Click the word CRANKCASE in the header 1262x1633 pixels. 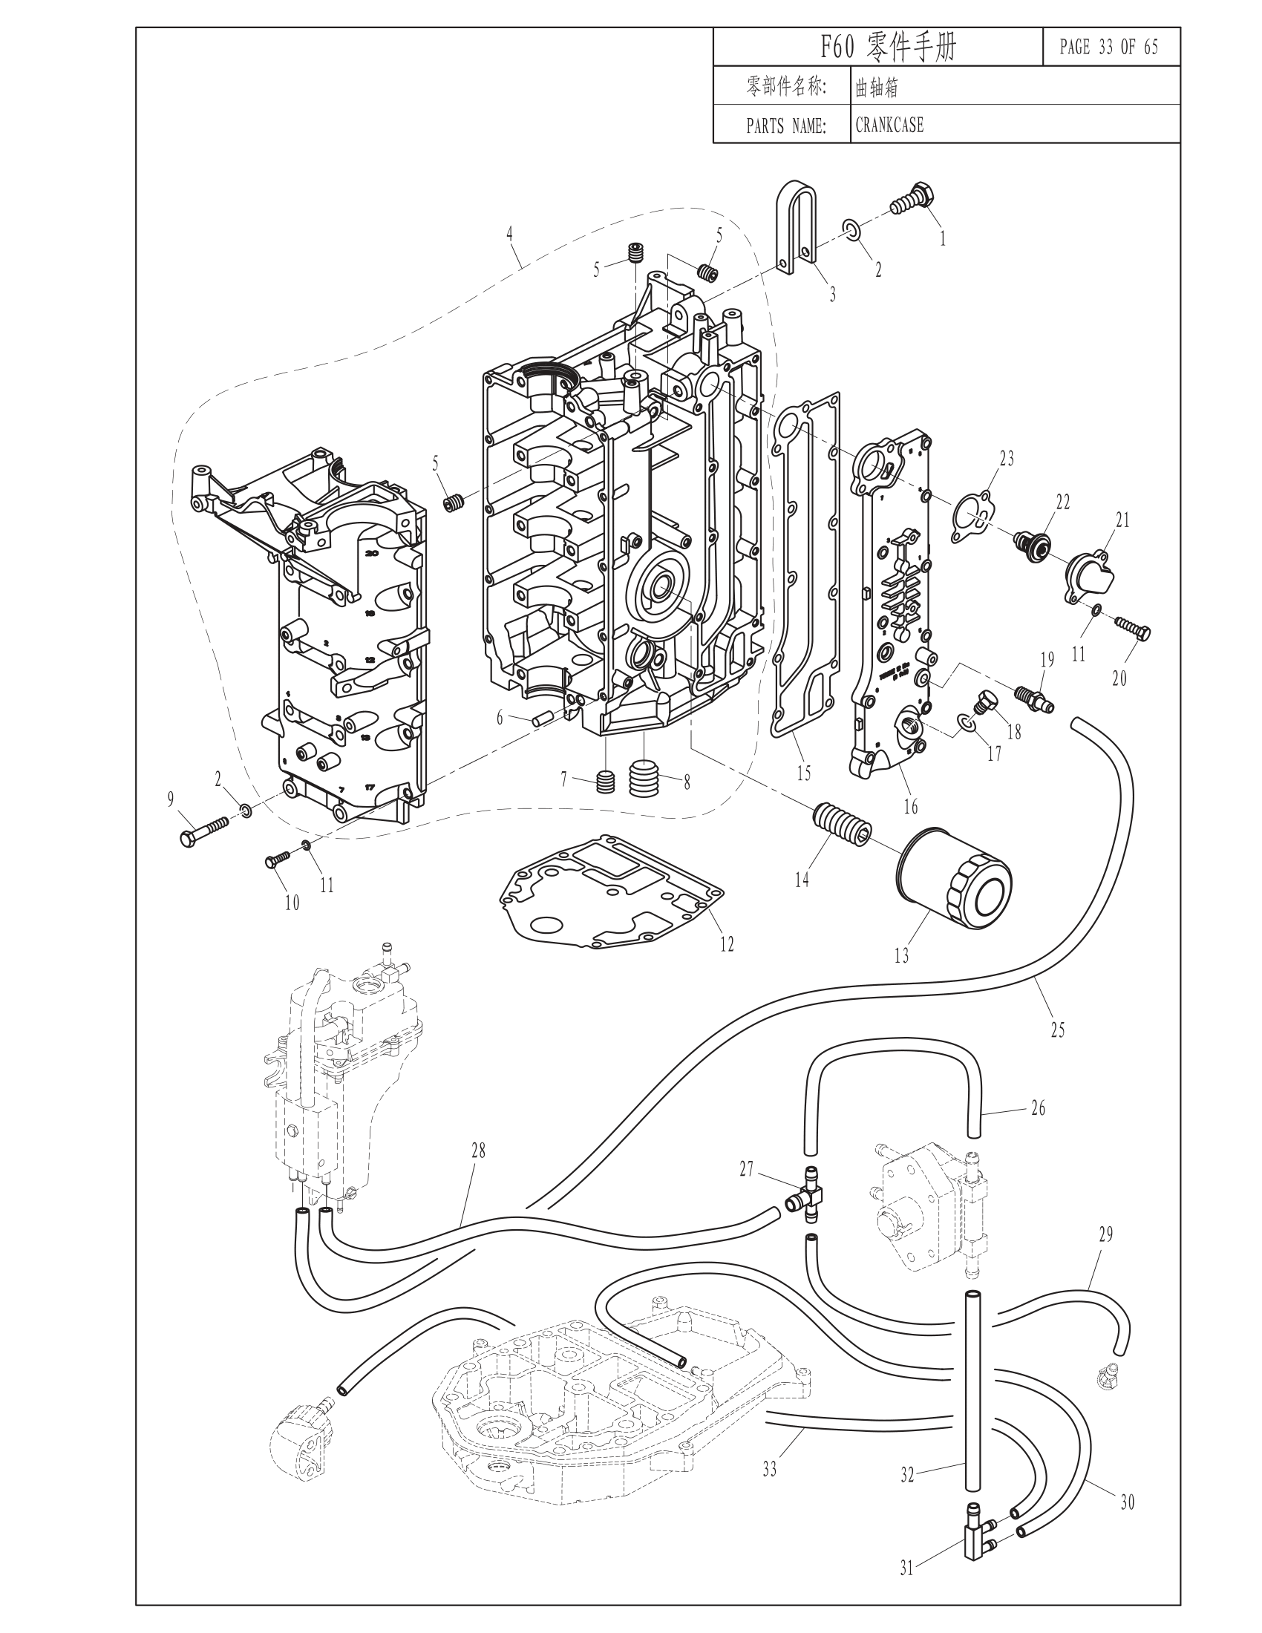(x=889, y=125)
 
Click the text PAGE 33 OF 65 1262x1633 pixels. (x=1109, y=48)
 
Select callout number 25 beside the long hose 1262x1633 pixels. (x=1057, y=1030)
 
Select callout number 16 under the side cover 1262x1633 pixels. (x=911, y=806)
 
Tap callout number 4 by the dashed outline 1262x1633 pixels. (x=509, y=232)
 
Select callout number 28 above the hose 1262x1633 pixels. (x=478, y=1151)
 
